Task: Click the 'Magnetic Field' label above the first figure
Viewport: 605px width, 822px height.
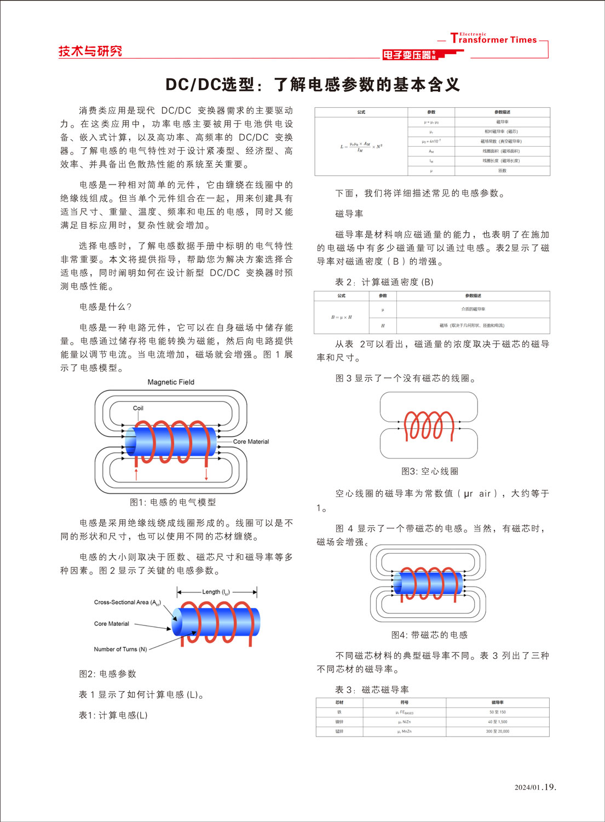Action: pos(171,382)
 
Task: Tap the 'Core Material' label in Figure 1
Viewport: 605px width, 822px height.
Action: pos(251,441)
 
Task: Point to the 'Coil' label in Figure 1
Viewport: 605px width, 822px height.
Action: pos(138,408)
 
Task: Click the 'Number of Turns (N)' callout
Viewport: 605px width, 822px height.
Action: pos(120,649)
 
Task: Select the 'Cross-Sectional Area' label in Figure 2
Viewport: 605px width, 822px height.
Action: pos(127,602)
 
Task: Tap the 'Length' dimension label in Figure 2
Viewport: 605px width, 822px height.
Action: pos(216,592)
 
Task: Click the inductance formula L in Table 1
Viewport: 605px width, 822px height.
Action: pos(361,146)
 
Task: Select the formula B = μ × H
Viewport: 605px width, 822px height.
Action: pos(341,317)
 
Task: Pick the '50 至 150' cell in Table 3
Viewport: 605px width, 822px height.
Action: pos(497,712)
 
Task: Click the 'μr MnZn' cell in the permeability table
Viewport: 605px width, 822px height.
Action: pos(404,732)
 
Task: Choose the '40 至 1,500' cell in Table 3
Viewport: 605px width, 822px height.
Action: pos(497,722)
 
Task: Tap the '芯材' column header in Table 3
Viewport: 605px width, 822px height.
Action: pos(339,703)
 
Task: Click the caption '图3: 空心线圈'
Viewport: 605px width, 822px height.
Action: pos(430,472)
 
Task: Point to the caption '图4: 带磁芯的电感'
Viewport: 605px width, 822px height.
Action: pos(429,635)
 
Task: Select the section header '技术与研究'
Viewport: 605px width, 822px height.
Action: pos(90,51)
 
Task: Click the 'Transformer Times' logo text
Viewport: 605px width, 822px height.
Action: pos(494,39)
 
